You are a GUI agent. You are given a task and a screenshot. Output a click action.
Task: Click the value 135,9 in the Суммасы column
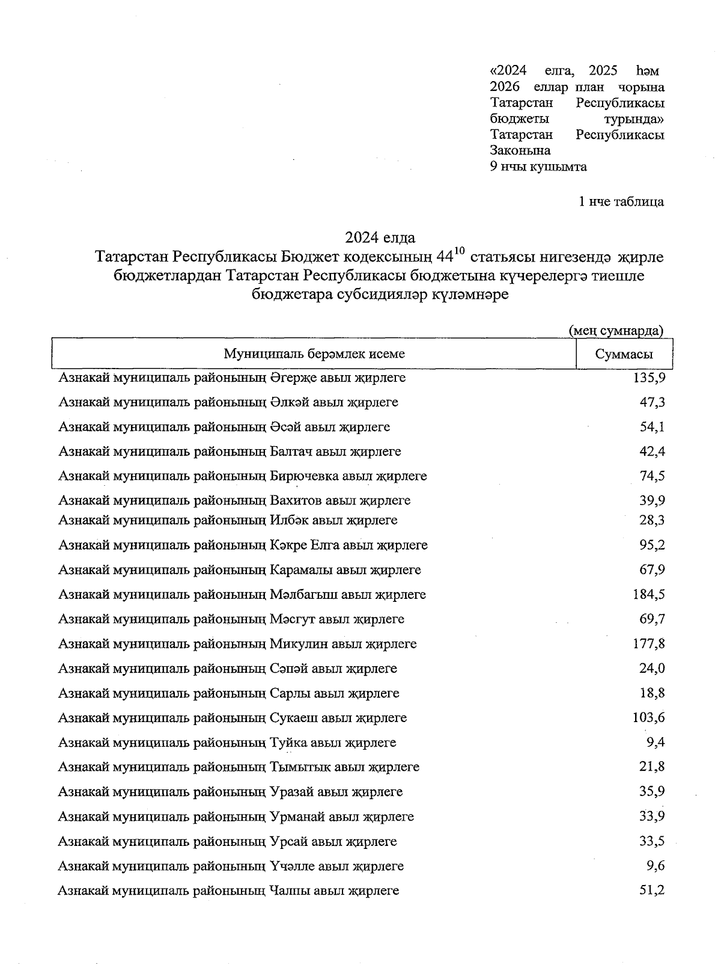coord(649,378)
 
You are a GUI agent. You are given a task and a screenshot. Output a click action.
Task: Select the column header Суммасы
coord(624,354)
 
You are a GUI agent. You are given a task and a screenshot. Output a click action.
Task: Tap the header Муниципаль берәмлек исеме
coord(314,354)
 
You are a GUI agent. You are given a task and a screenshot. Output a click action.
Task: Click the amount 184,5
coord(649,595)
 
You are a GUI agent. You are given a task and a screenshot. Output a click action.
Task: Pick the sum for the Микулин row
coord(649,644)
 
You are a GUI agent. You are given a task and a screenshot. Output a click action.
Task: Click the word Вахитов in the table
coord(298,500)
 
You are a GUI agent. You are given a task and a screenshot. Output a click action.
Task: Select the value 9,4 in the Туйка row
coord(655,743)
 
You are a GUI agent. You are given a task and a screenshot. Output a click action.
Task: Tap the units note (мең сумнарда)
coord(616,330)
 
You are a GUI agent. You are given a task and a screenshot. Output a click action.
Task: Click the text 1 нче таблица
coord(621,201)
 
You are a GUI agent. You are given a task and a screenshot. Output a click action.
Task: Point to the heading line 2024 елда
coord(380,237)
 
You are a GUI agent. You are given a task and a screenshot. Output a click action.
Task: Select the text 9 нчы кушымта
coord(538,167)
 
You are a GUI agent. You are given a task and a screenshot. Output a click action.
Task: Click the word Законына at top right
coord(520,151)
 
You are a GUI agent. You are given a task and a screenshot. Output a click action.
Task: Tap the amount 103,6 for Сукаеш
coord(649,718)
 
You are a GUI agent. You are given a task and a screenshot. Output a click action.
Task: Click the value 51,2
coord(652,890)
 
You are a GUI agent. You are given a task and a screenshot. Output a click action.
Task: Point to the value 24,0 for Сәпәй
coord(652,669)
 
